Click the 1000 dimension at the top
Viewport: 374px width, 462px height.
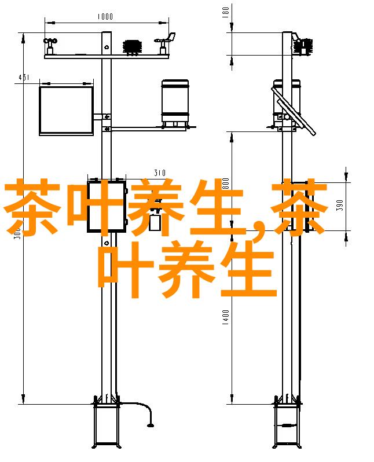tap(105, 17)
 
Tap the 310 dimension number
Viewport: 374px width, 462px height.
tap(160, 173)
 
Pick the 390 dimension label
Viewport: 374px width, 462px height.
tap(340, 206)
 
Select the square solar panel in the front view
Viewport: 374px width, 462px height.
tap(66, 110)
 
